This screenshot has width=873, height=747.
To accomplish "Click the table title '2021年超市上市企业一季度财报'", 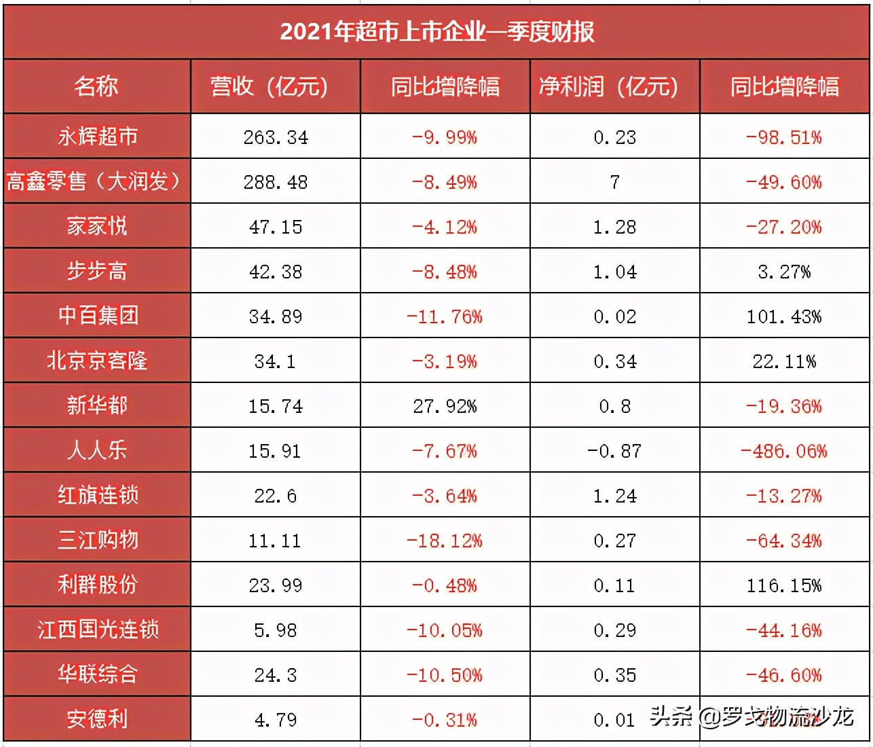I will coord(436,32).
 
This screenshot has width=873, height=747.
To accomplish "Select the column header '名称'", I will coord(96,86).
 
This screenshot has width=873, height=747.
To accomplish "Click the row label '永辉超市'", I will coord(97,136).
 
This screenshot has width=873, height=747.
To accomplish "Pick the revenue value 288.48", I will coord(276,182).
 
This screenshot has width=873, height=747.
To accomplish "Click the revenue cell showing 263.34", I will coord(276,137).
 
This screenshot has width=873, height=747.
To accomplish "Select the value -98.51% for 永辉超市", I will coord(784,137).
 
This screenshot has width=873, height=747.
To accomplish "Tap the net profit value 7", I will coord(615,182).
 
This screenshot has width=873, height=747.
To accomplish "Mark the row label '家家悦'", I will coord(97,226).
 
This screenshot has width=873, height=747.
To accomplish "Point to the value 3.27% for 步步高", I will coord(784,272).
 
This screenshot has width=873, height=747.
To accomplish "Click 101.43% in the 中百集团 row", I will coord(784,316).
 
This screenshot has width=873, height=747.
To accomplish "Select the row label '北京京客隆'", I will coord(97,361).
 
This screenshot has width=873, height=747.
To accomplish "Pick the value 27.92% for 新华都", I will coord(445,406).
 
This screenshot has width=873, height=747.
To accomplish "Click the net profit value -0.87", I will coord(614,451).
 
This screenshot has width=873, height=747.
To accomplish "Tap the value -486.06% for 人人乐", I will coord(784,451).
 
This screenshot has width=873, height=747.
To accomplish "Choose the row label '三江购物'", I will coord(97,540).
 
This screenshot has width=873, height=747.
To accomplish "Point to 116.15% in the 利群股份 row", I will coord(784,585).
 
